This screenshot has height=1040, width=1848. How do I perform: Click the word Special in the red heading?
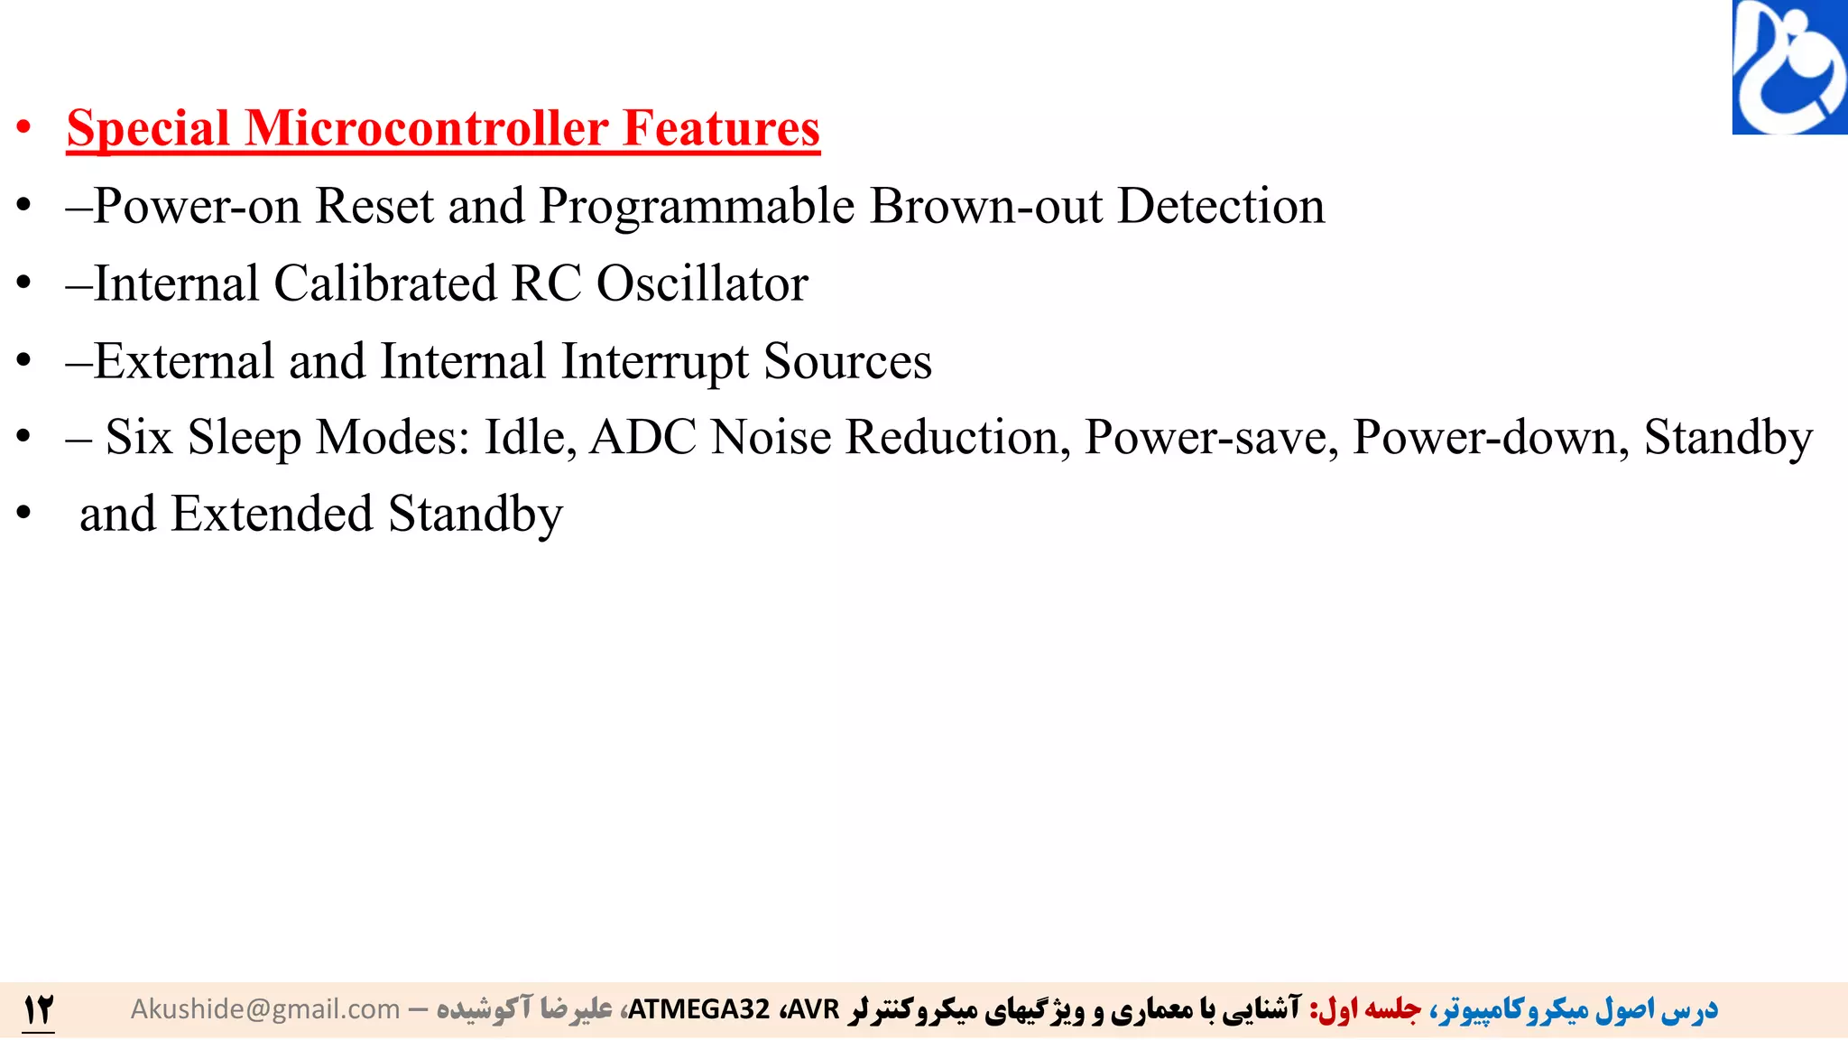click(148, 128)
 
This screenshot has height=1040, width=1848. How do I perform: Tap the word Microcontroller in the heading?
click(426, 128)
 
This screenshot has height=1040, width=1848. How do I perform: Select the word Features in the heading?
click(721, 128)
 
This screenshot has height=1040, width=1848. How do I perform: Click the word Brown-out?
click(985, 206)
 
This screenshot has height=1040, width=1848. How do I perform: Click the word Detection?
click(1221, 206)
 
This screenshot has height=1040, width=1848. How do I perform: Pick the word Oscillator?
click(702, 283)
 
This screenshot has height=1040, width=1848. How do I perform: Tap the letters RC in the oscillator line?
click(546, 283)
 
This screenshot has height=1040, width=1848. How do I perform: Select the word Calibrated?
click(385, 283)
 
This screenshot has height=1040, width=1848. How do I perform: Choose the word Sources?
click(847, 361)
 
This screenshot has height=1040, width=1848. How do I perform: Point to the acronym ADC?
click(642, 438)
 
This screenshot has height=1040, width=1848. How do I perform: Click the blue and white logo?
click(1789, 68)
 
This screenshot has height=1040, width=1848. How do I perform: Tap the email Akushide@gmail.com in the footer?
click(265, 1009)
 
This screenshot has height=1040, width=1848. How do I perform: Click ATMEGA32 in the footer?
click(698, 1009)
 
